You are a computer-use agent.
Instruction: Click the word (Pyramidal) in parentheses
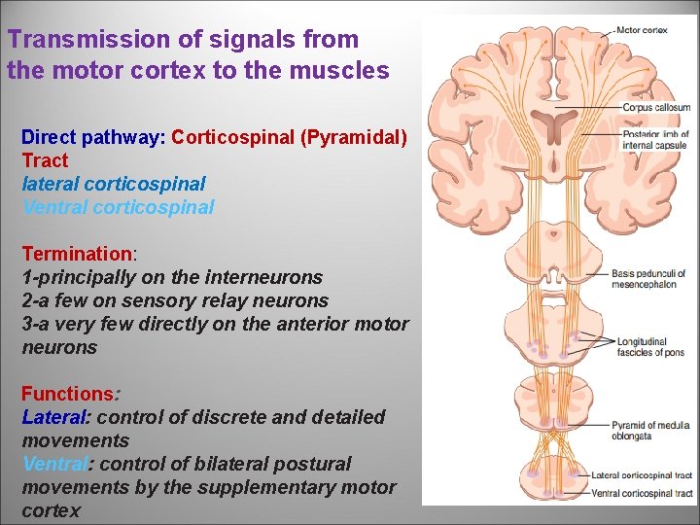tap(354, 137)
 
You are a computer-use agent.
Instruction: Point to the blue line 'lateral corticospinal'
tap(114, 184)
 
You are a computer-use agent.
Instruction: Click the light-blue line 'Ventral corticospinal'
tap(118, 207)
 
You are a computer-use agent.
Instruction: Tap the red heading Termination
tap(78, 254)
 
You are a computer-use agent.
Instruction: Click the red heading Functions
tap(67, 394)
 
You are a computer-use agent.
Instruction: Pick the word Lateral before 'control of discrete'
tap(53, 417)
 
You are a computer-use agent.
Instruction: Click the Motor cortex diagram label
tap(643, 30)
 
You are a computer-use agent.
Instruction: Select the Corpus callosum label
tap(657, 108)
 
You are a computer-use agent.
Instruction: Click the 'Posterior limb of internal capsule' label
tap(655, 139)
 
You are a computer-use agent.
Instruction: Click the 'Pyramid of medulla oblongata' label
tap(650, 429)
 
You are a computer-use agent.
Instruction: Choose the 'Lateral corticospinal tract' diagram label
tap(642, 475)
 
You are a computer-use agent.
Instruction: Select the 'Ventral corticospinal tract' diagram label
tap(643, 493)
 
